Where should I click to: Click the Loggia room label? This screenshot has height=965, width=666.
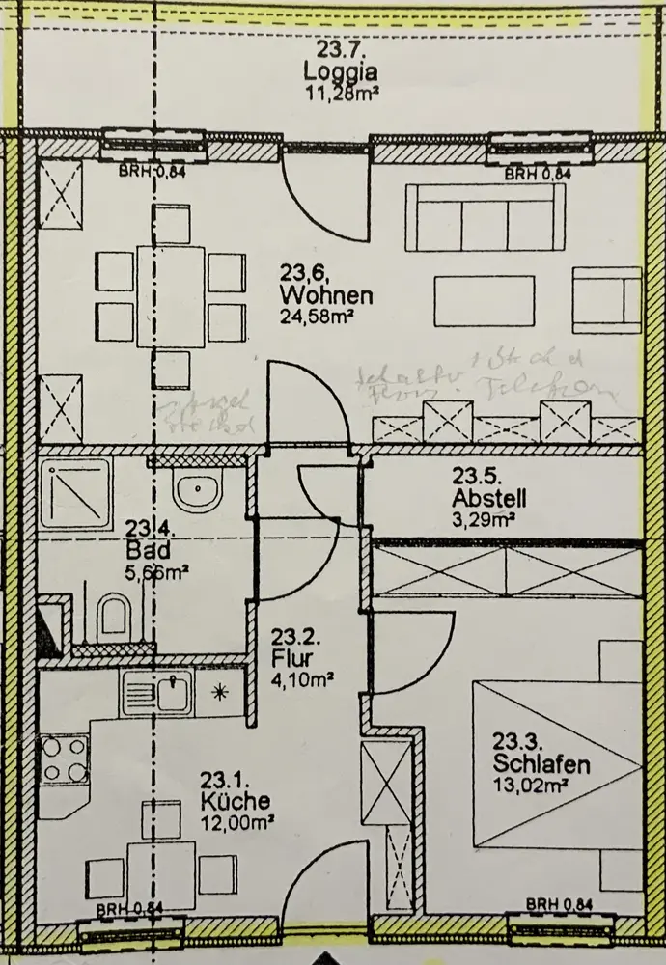coord(340,70)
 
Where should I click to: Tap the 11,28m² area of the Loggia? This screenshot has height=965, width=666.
coord(340,93)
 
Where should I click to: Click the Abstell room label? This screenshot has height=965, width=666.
coord(489,499)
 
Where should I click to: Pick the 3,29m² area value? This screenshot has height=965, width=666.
coord(484,519)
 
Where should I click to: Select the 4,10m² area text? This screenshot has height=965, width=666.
coord(302,679)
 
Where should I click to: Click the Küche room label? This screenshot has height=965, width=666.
coord(236,802)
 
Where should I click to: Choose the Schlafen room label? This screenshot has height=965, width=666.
coord(541,765)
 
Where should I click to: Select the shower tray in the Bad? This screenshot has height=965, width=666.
coord(74,492)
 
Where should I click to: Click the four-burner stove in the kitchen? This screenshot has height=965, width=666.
coord(64,759)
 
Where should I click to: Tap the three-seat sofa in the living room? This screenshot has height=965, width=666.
coord(485,218)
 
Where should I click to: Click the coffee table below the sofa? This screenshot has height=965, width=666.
coord(484,300)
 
